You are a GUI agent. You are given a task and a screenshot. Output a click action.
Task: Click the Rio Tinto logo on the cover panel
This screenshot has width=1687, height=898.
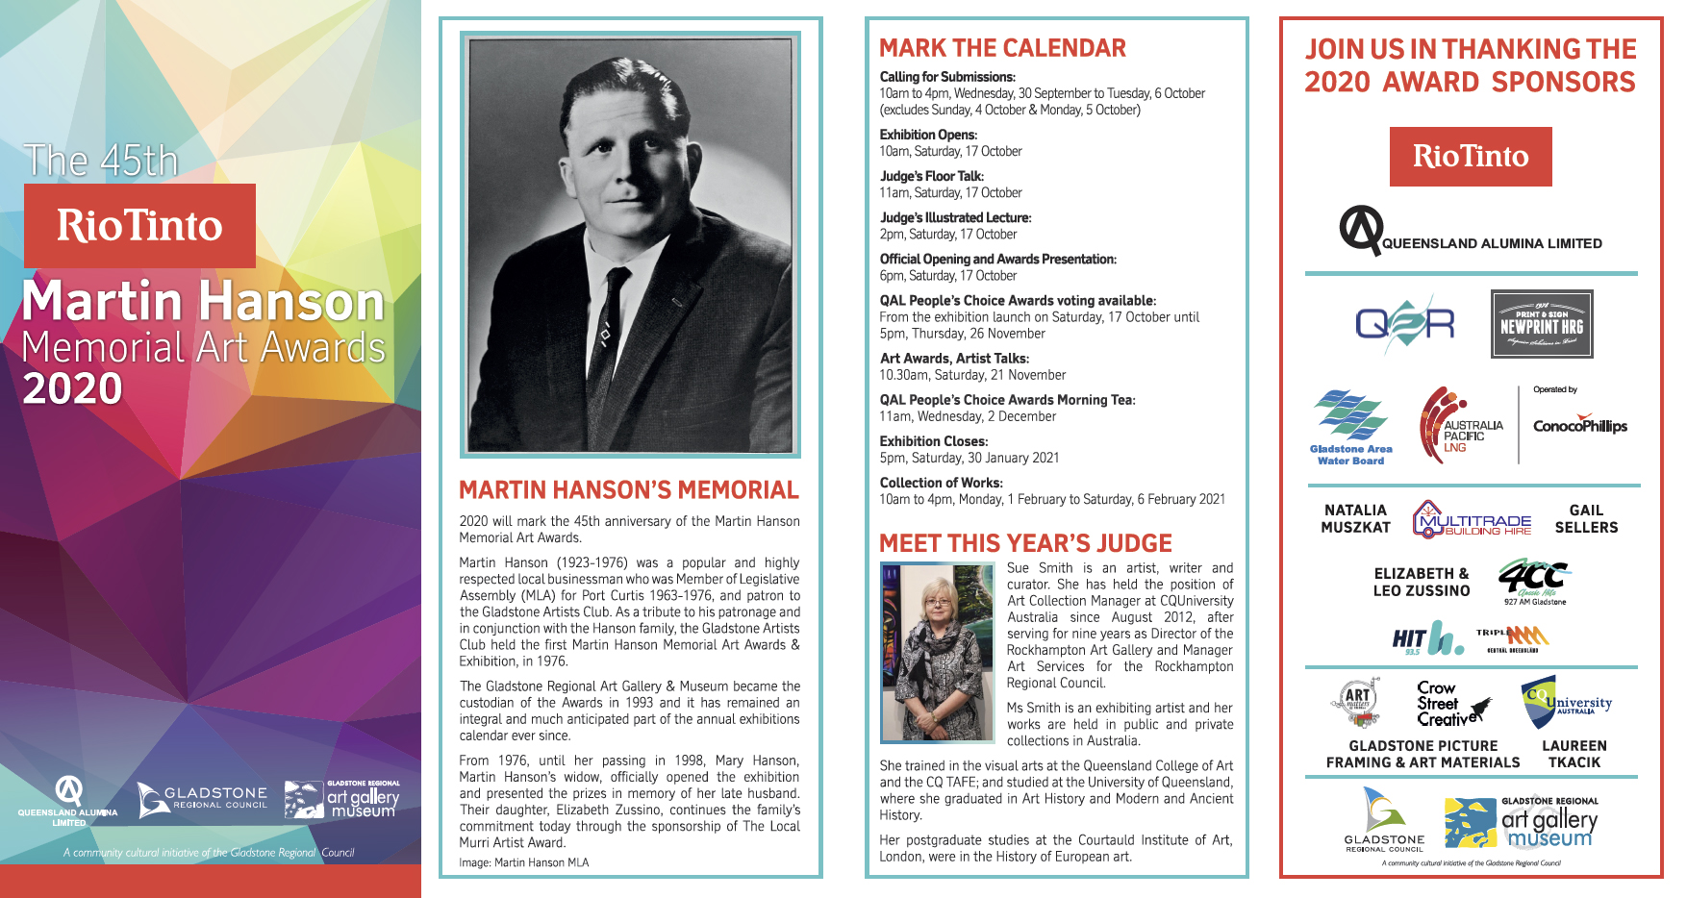[139, 226]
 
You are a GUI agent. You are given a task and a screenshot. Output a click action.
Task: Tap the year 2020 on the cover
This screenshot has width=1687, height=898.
[73, 389]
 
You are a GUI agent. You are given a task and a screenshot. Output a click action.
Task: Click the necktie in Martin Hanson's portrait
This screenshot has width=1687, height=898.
[604, 337]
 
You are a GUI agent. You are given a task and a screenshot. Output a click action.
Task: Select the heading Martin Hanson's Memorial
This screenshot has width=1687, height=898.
[628, 490]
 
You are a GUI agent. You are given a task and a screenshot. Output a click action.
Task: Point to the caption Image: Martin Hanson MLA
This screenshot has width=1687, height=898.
[523, 862]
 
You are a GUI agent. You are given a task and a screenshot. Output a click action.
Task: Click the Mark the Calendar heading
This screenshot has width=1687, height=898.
[1002, 48]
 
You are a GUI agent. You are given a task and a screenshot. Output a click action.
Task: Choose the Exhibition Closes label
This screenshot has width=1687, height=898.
[933, 441]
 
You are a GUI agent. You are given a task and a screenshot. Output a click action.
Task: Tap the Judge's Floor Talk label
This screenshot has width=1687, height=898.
[931, 176]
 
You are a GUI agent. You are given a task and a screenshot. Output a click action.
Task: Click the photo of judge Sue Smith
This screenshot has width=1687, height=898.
[937, 653]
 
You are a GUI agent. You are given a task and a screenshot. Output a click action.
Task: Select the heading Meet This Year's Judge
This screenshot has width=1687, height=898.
[1025, 543]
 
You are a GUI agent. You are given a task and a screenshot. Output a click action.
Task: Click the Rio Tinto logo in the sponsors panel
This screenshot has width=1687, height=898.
[1470, 156]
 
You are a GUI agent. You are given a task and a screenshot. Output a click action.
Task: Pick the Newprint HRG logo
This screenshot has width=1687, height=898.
[1542, 324]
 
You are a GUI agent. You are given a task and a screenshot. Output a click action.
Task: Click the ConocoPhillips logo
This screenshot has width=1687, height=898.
[1579, 426]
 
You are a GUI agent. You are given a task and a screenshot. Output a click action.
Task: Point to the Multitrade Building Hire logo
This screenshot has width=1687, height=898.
[1472, 519]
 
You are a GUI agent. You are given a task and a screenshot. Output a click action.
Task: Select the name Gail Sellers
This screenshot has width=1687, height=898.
[1586, 519]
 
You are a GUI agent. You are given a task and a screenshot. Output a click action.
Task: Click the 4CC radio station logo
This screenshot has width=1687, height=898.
[1534, 581]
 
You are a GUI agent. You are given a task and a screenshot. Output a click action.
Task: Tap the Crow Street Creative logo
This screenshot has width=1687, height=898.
[1451, 704]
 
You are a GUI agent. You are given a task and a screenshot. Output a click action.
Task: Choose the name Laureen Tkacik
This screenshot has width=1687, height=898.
[1574, 754]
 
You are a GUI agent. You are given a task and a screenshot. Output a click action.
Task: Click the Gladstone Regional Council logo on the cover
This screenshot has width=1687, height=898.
[202, 799]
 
